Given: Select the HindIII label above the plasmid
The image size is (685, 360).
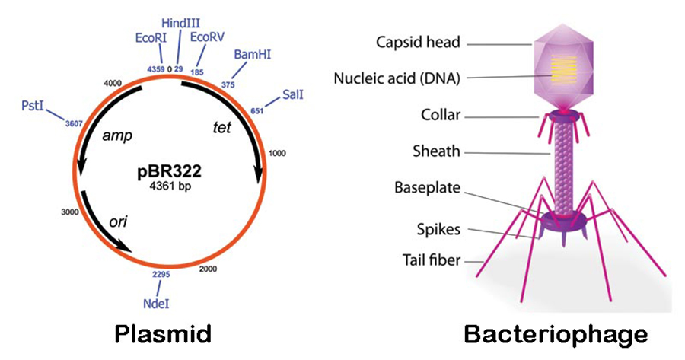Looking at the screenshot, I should (179, 26).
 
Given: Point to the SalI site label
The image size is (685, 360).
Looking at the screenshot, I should (293, 94).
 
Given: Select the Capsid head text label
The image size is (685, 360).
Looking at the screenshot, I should (418, 43).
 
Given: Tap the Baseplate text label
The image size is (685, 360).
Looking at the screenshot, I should (427, 187).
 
